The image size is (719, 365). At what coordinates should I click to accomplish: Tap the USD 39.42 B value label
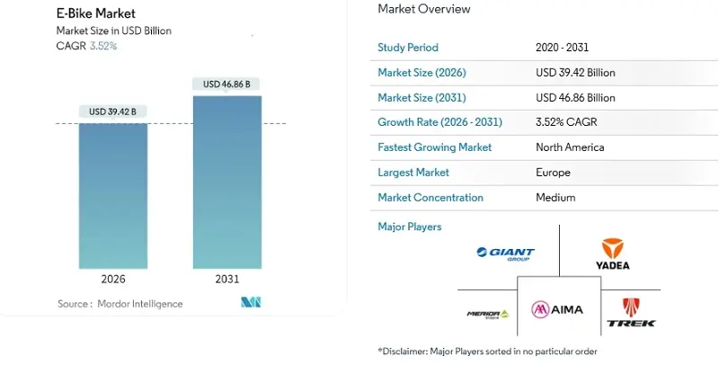pos(113,112)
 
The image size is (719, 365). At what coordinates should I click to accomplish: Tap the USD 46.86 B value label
pos(226,85)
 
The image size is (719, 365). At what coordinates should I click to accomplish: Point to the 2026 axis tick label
pos(113,280)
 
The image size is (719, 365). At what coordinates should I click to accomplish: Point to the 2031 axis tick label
pos(226,280)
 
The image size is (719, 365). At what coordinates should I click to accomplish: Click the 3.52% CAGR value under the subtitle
pos(102,46)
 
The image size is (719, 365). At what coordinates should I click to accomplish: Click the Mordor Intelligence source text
pos(120,304)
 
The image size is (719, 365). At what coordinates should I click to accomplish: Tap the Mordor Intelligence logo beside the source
pos(251,302)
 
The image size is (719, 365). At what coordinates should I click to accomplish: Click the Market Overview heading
pos(423,9)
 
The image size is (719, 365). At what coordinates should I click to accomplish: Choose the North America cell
pos(570,147)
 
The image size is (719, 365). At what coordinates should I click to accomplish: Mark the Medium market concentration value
pos(555,197)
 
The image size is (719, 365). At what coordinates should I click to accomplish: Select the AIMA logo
pos(557,309)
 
